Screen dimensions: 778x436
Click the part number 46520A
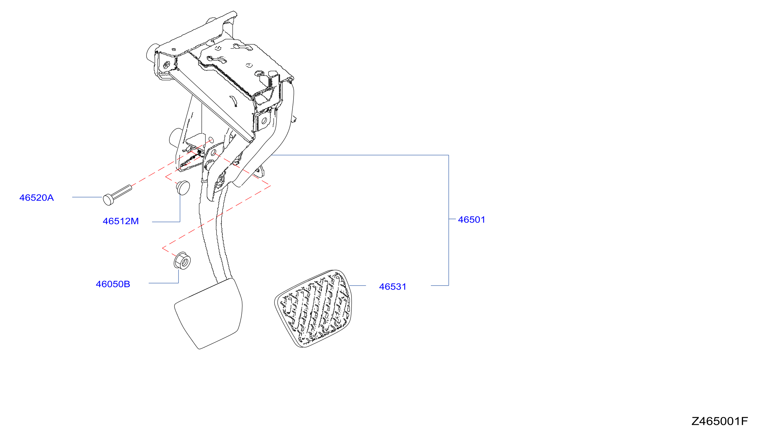[x=36, y=198]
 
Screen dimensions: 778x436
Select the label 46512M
[x=121, y=221]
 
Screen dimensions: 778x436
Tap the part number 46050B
[x=113, y=284]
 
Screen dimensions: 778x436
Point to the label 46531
[x=393, y=287]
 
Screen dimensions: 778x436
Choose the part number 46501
[x=472, y=220]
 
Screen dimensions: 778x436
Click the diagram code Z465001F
[x=720, y=421]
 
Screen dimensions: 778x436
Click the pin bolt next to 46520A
[x=117, y=195]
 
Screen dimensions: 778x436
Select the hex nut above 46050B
[x=182, y=260]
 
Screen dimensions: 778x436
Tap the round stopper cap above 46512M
[x=183, y=187]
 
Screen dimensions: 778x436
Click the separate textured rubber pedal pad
[x=313, y=309]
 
